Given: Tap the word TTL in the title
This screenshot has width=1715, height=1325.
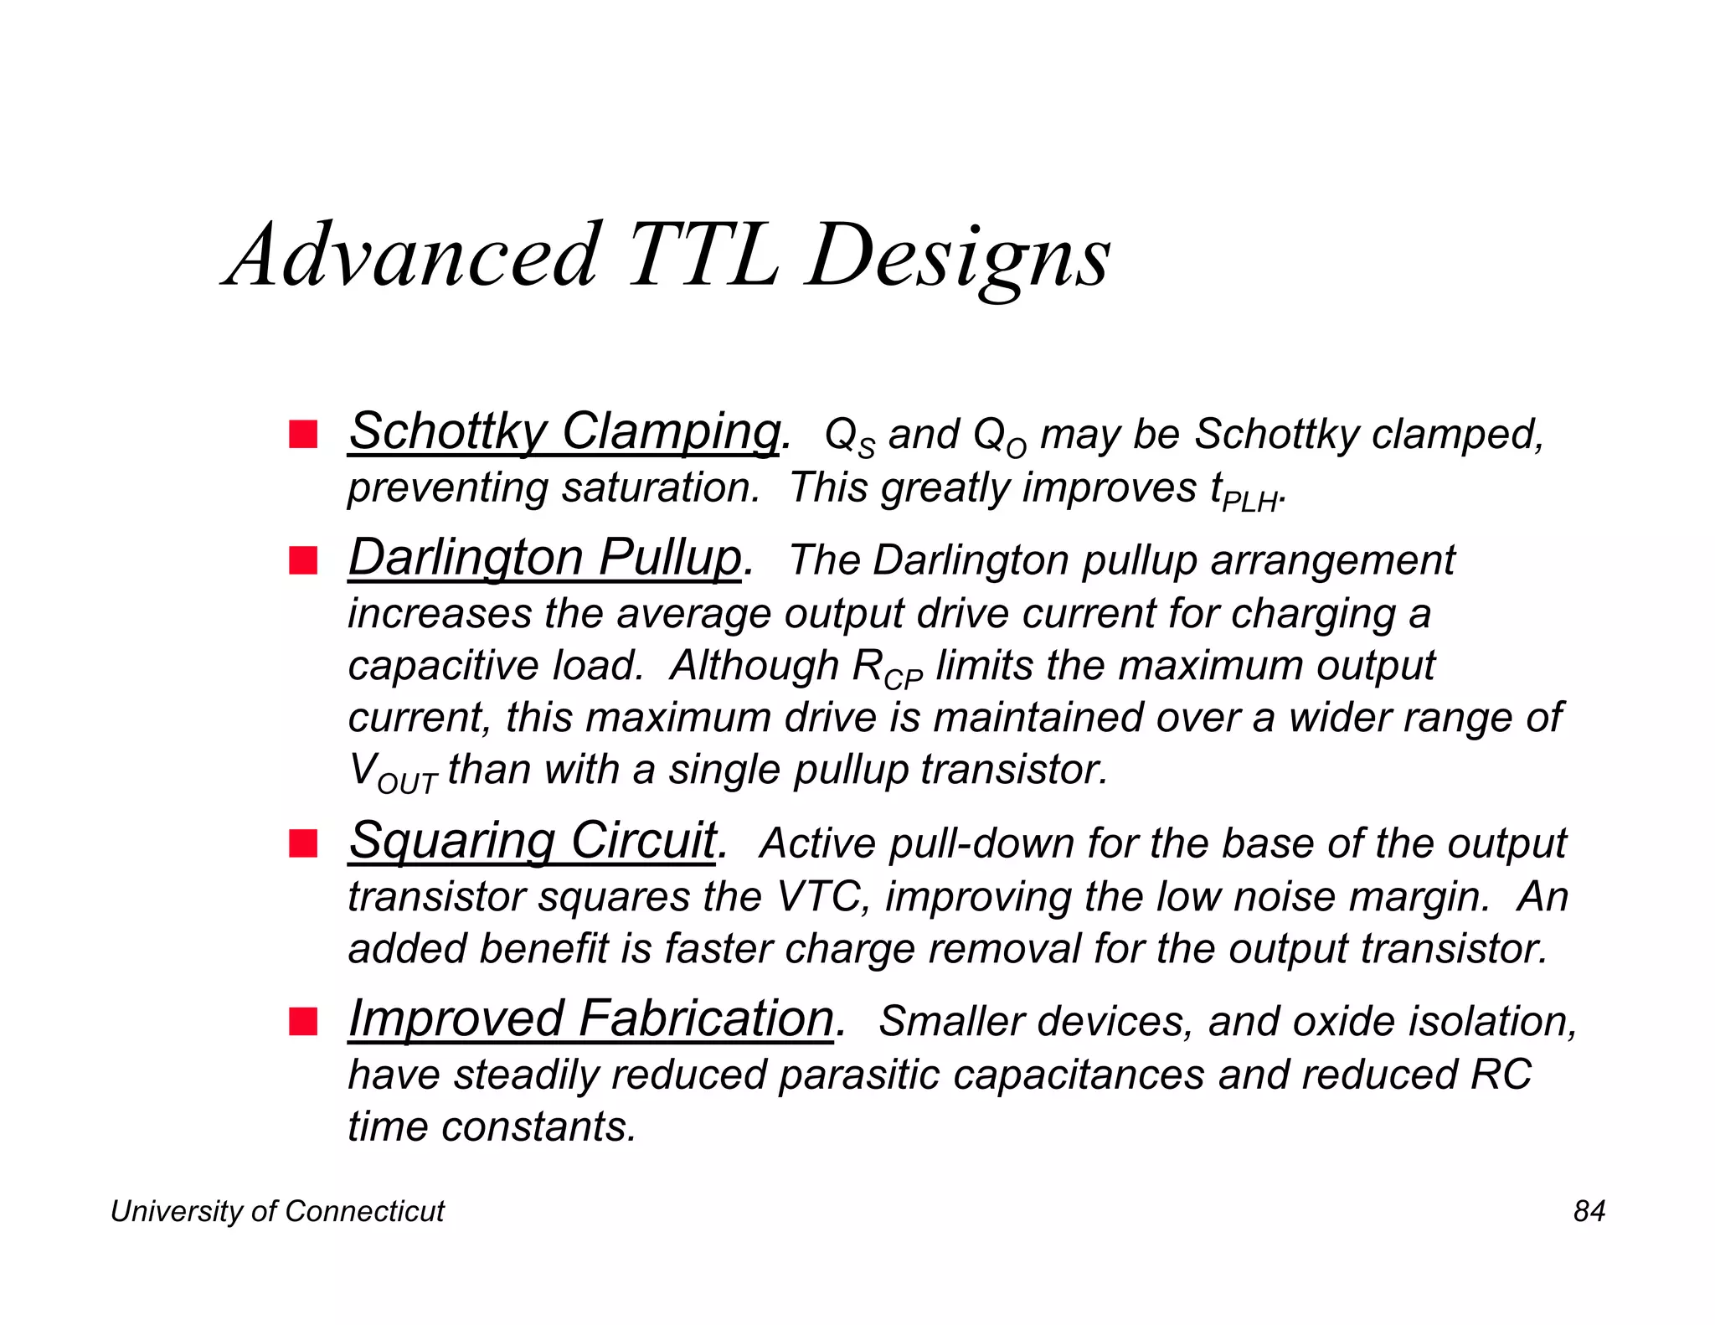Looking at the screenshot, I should point(702,255).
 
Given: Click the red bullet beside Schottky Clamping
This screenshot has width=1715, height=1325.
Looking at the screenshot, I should point(303,435).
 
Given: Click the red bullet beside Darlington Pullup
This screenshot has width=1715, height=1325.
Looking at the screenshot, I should point(303,560).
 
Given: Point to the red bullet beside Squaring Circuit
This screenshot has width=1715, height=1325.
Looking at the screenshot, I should point(303,843).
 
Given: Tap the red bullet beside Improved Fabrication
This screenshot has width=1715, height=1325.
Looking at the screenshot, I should point(303,1022).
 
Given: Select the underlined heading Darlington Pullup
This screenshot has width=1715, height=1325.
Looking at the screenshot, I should point(545,558).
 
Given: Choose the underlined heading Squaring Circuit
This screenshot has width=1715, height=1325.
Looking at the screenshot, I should point(533,841).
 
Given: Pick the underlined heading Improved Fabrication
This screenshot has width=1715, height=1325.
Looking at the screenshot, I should point(591,1019).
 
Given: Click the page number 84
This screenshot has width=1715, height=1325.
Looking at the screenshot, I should point(1589,1211).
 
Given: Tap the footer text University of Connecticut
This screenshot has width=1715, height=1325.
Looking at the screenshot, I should point(277,1211).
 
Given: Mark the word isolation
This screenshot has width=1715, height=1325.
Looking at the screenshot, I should point(1488,1022).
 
